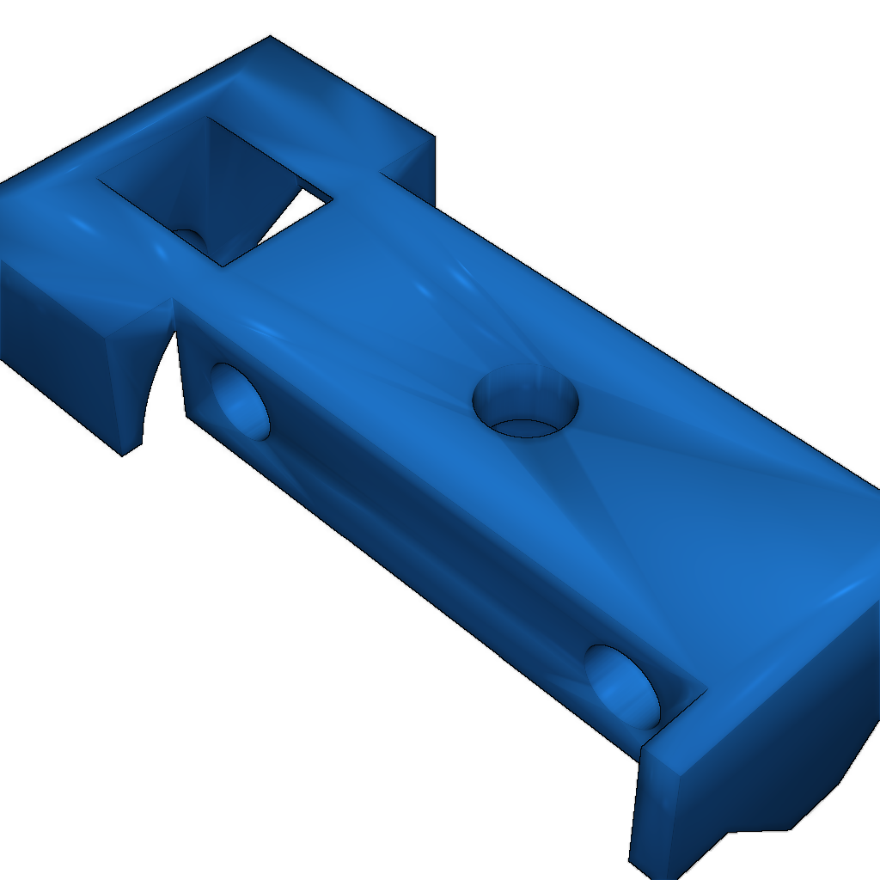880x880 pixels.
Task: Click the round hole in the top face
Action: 525,402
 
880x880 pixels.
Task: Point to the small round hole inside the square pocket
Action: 190,238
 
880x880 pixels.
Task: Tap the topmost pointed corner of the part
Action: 270,36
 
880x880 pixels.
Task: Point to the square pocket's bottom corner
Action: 223,266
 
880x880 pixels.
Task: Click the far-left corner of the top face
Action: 2,182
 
